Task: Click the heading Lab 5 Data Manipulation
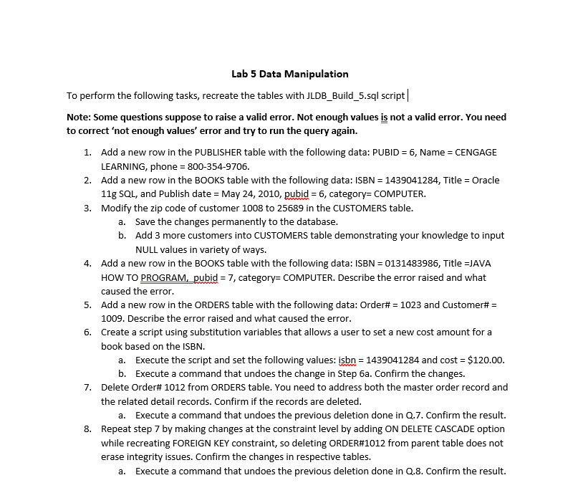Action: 290,74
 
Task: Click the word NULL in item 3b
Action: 148,249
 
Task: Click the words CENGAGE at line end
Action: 476,152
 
